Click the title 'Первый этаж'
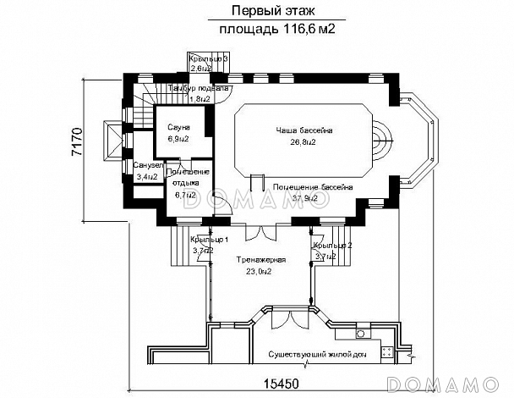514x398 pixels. [264, 11]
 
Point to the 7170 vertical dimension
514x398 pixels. [76, 146]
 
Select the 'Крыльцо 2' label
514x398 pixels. [331, 244]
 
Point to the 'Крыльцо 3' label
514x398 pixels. [209, 58]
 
